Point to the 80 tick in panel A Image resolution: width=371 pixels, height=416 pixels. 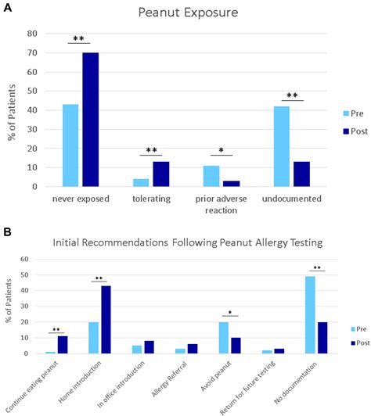point(31,34)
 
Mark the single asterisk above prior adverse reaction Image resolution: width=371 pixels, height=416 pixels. point(222,149)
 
